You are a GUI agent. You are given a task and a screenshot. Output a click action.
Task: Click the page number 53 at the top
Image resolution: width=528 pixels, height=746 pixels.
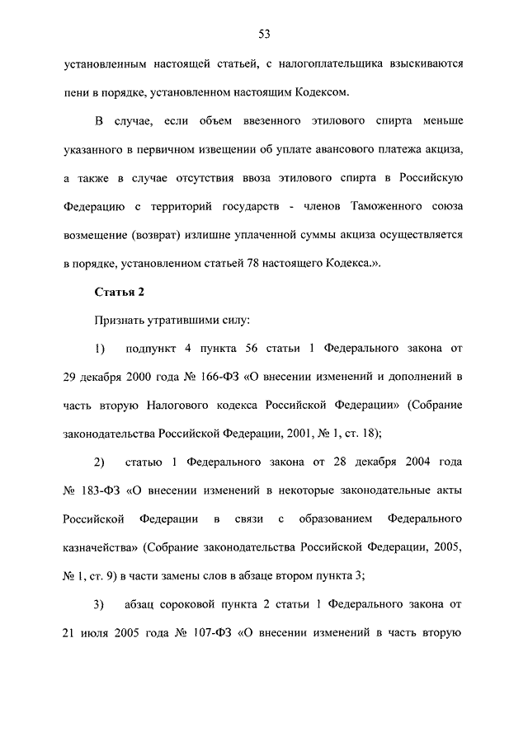tap(264, 34)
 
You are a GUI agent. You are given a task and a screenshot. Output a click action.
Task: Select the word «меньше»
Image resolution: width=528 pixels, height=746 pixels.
tap(438, 123)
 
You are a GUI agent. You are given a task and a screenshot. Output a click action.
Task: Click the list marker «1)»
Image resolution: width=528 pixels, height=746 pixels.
tap(100, 348)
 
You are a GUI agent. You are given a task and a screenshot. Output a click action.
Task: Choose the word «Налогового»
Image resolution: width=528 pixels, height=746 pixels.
tap(183, 406)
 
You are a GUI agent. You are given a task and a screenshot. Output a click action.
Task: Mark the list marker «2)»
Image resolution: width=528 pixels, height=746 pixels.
tap(100, 462)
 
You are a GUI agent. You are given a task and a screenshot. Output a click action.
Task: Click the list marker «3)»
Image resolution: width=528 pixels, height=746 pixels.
tap(100, 604)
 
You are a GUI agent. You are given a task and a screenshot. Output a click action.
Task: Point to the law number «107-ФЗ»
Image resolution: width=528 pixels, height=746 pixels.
tap(213, 633)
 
